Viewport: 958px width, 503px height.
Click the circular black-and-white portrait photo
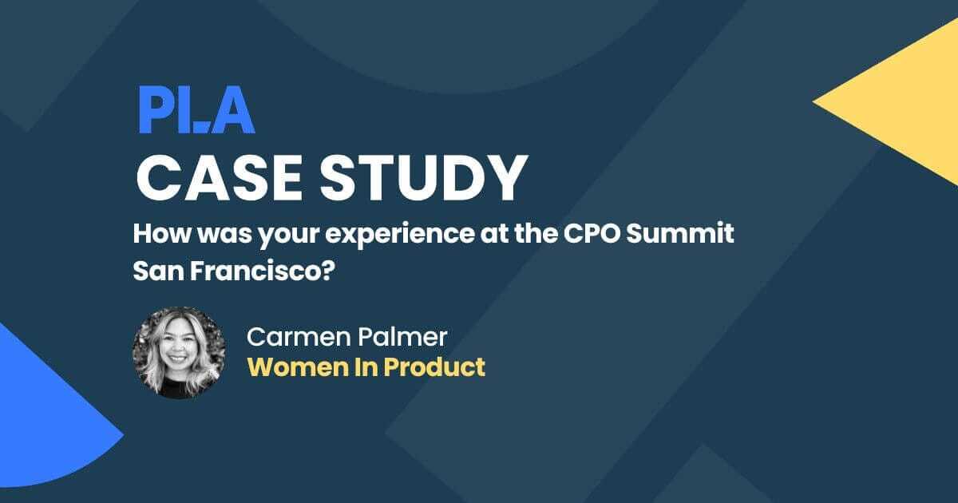(x=179, y=352)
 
